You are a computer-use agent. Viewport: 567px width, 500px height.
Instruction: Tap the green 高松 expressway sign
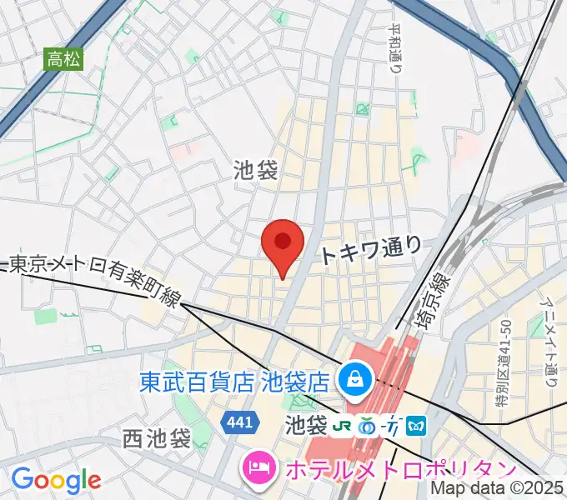tap(65, 58)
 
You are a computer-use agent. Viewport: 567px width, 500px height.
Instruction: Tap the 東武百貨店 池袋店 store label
tap(234, 382)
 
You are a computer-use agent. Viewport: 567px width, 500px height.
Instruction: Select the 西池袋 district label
tap(156, 437)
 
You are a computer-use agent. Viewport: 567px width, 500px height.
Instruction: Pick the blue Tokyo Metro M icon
tap(416, 426)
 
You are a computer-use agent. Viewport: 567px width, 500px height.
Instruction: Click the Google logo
tap(56, 479)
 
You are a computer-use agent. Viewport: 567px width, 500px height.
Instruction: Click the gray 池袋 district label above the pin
tap(255, 171)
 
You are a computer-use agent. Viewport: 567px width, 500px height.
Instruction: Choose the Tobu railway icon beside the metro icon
tap(391, 426)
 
